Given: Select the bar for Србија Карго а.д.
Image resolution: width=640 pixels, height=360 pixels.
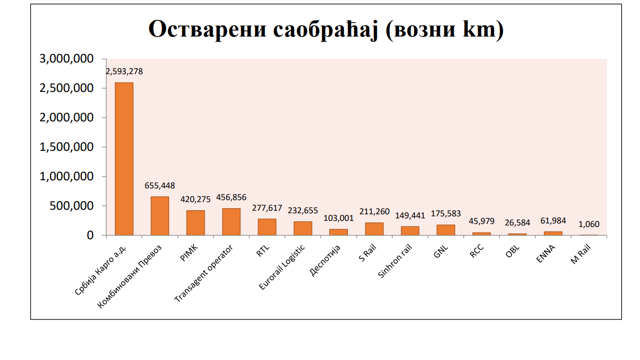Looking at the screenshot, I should coord(124,158).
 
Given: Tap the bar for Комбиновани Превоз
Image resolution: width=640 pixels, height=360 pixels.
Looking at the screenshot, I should coord(159,216).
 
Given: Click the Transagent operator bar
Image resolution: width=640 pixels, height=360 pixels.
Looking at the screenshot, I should coord(231,221).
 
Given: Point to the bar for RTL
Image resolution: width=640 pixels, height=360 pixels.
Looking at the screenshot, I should coord(267,227).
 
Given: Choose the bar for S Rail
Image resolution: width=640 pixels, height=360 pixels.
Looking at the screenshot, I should coord(374,229).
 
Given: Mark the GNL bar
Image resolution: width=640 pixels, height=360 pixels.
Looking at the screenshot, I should coord(445,230).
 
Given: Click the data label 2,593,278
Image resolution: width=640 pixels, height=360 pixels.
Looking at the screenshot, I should coord(124,72).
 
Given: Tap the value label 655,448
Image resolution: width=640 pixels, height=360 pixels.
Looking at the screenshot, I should coord(159,186).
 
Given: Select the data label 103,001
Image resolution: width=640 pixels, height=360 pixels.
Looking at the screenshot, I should coord(338,218).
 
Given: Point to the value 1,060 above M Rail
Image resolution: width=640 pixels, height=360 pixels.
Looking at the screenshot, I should coord(589,224).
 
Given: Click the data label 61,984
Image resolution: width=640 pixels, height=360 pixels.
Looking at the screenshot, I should coord(553,220).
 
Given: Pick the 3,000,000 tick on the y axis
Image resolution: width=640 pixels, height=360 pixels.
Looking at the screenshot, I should coord(67,59).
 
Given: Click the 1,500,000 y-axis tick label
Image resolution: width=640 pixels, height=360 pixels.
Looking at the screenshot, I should coord(67,147).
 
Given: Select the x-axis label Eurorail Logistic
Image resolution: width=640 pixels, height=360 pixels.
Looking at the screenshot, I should coord(282,268).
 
